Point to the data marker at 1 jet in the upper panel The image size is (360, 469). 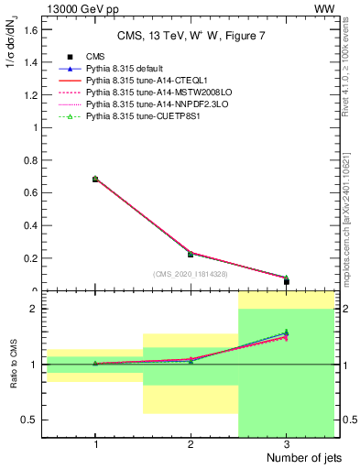tap(95, 180)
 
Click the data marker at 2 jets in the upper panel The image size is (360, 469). tap(191, 254)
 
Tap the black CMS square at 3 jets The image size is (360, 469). tap(287, 281)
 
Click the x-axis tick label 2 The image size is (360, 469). tap(191, 443)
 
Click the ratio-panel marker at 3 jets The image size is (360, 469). tap(287, 334)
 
